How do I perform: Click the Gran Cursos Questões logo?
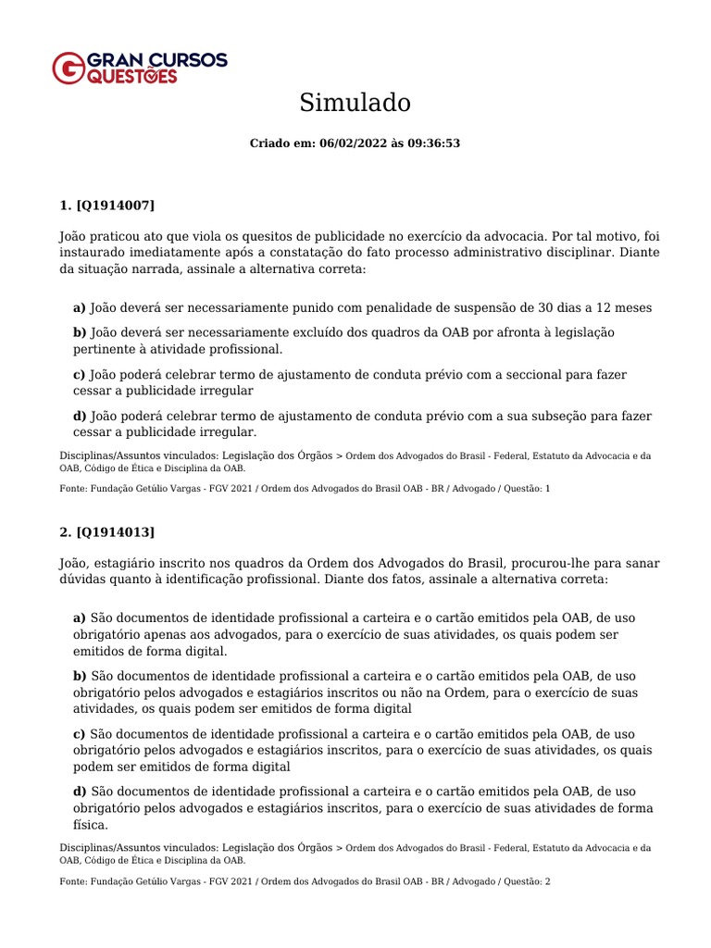[x=139, y=69]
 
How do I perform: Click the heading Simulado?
[x=355, y=103]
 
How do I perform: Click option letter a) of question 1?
[x=80, y=307]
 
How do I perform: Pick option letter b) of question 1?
[x=80, y=332]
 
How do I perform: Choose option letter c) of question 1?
[x=80, y=375]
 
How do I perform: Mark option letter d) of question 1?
[x=80, y=416]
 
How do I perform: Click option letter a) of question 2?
[x=80, y=617]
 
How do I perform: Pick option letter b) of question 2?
[x=80, y=676]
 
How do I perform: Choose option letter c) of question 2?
[x=80, y=733]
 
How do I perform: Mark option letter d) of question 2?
[x=80, y=792]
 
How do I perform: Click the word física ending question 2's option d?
[x=90, y=825]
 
